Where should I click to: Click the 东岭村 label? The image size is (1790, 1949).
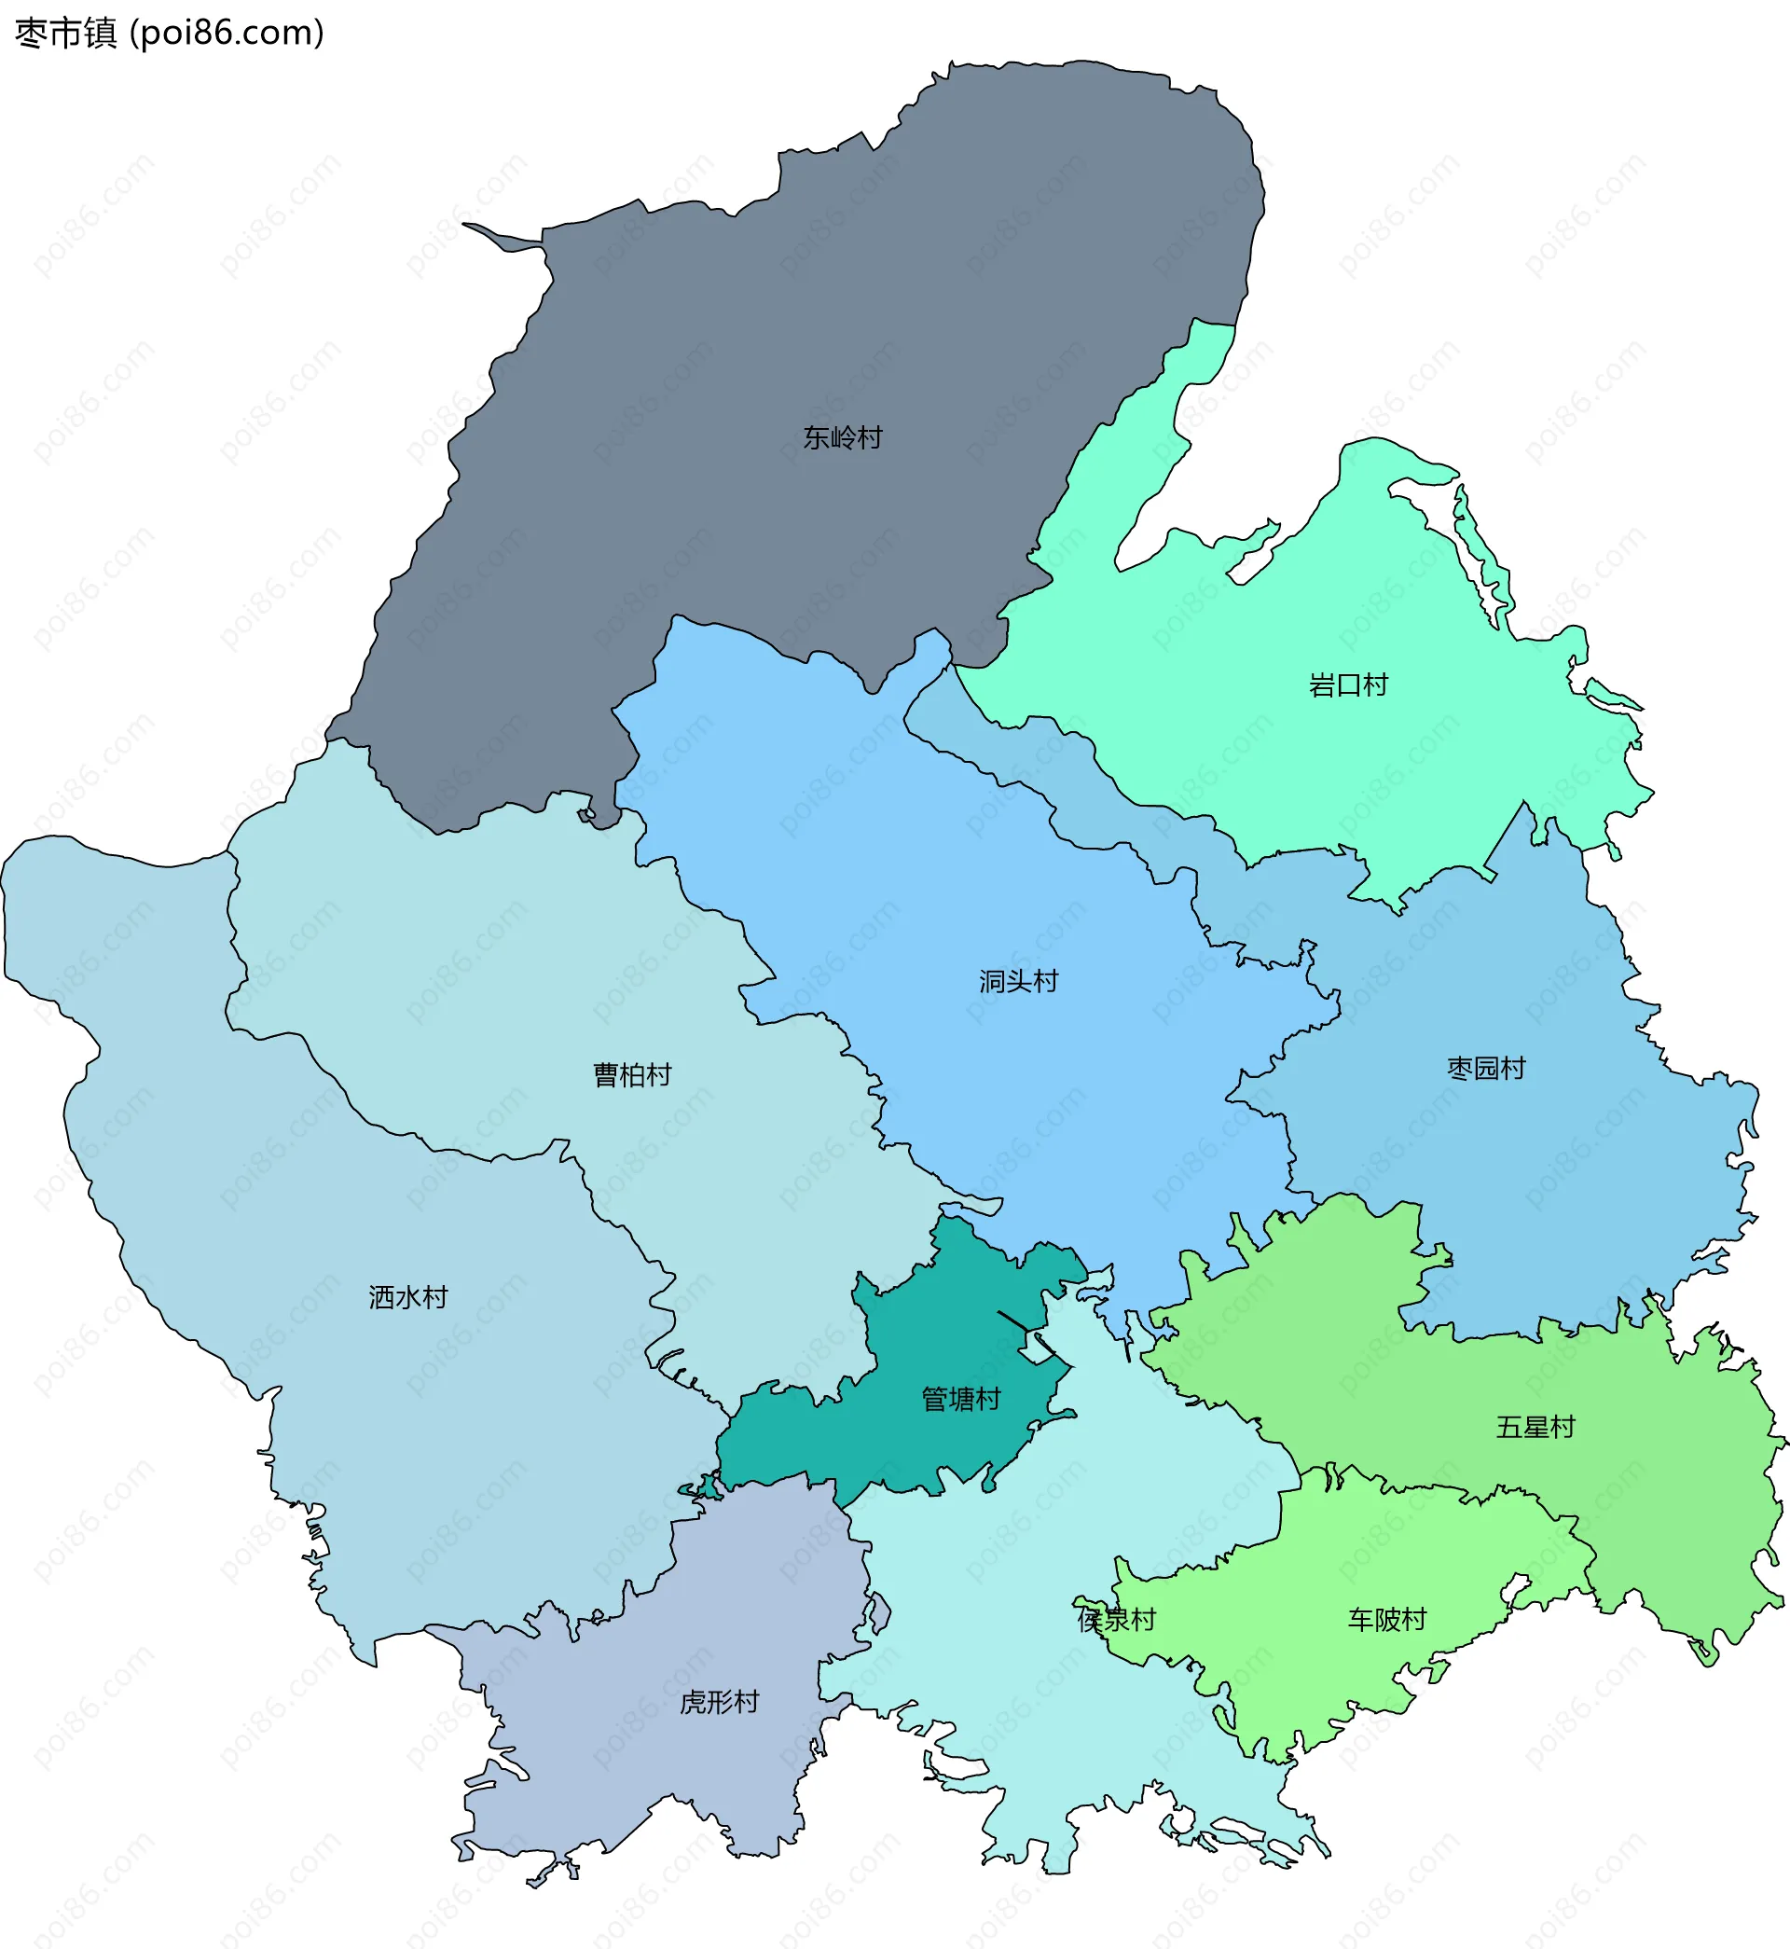point(842,438)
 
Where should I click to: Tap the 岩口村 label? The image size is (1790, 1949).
point(1347,684)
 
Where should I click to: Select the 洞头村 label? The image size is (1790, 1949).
point(1018,981)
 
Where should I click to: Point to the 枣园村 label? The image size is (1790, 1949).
point(1486,1068)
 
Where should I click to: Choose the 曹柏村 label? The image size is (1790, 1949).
point(631,1074)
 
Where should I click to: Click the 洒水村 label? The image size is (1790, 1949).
point(407,1297)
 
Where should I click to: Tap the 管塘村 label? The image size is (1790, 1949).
point(960,1399)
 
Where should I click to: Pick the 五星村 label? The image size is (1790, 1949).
point(1535,1427)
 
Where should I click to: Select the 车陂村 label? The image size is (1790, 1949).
point(1387,1620)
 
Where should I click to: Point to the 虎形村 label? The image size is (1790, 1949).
point(719,1702)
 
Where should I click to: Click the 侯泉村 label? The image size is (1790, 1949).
point(1116,1620)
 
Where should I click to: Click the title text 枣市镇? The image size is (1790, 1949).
point(66,33)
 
